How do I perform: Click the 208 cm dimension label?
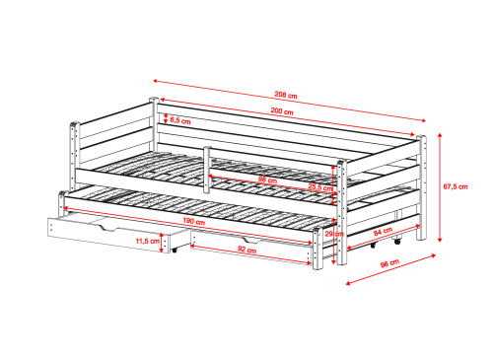pos(286,96)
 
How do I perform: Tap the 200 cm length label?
pos(282,111)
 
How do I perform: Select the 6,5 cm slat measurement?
pos(180,120)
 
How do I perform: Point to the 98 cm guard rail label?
pos(267,180)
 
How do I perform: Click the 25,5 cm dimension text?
pos(319,187)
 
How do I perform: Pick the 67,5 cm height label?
pos(456,186)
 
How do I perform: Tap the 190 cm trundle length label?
pos(193,221)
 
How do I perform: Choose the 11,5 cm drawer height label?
pos(147,241)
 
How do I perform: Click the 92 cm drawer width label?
pos(246,250)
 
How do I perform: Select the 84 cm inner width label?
pos(383,232)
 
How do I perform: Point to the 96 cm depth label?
pos(389,263)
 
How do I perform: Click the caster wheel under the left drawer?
pos(174,251)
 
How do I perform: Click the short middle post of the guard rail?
pos(207,170)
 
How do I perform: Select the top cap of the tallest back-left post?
pos(154,99)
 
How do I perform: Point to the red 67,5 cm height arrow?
pos(440,187)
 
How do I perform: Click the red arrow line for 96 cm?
pos(391,269)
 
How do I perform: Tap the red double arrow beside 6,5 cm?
pos(166,118)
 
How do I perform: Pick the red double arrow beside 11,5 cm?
pos(162,243)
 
